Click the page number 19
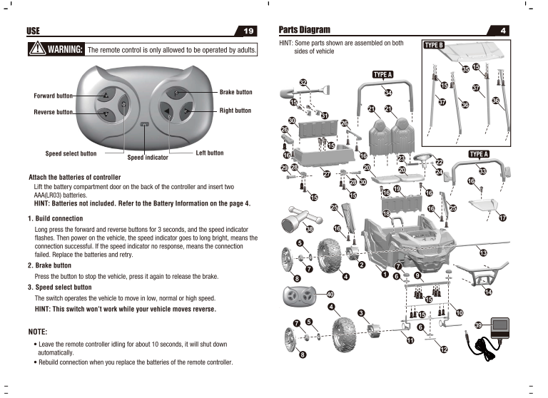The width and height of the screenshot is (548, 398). tap(249, 31)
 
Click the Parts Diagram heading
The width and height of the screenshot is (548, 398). tap(305, 30)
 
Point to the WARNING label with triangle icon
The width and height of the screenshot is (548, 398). tap(56, 50)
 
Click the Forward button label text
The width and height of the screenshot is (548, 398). tap(54, 96)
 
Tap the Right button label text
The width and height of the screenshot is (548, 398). tap(235, 111)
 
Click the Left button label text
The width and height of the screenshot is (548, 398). tap(209, 153)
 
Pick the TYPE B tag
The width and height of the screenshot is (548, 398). tap(434, 45)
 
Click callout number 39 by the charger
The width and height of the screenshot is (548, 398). tap(479, 325)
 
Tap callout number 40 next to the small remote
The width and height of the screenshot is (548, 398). tap(330, 295)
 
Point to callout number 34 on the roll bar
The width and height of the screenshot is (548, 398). tap(388, 93)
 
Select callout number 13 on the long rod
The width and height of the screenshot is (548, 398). tap(483, 253)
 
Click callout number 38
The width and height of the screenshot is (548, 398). tap(309, 230)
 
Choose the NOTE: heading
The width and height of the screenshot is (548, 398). tap(37, 332)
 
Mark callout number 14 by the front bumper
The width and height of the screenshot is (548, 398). tap(488, 292)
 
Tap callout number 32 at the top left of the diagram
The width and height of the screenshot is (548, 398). tap(303, 83)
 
